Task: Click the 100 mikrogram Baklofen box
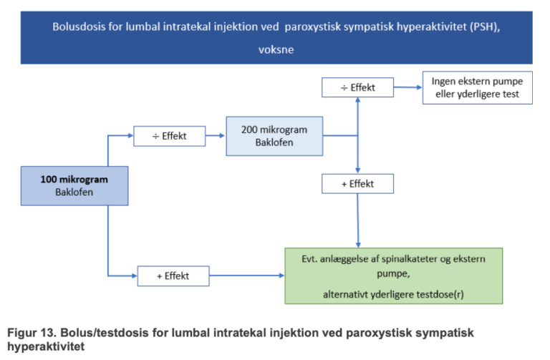pyautogui.click(x=74, y=186)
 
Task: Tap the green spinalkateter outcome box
pyautogui.click(x=393, y=276)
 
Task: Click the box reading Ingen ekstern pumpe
pyautogui.click(x=477, y=88)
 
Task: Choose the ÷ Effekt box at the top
pyautogui.click(x=358, y=88)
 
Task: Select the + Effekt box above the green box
pyautogui.click(x=358, y=183)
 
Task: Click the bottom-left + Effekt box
pyautogui.click(x=173, y=276)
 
